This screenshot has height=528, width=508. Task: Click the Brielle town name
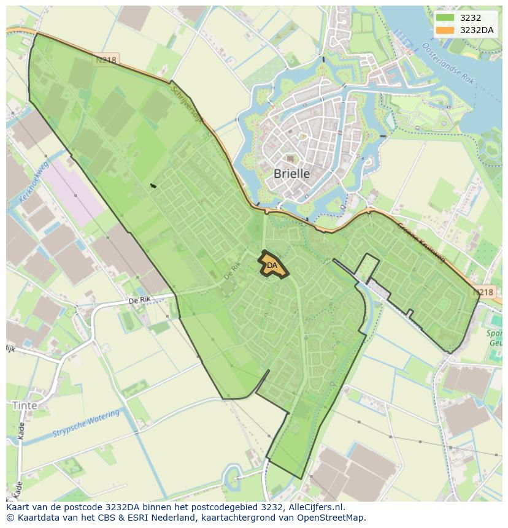point(291,174)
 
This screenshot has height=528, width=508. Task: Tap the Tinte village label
point(25,405)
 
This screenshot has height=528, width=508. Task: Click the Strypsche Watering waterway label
point(86,424)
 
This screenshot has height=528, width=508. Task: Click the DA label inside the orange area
point(272,266)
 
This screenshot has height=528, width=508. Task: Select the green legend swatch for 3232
point(445,18)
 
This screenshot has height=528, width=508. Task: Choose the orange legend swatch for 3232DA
point(445,30)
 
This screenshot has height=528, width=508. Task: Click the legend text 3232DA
point(477,30)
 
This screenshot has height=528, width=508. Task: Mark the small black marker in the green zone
point(153,185)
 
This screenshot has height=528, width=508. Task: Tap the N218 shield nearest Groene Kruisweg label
point(484,293)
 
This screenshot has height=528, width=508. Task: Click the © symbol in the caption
point(10,518)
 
